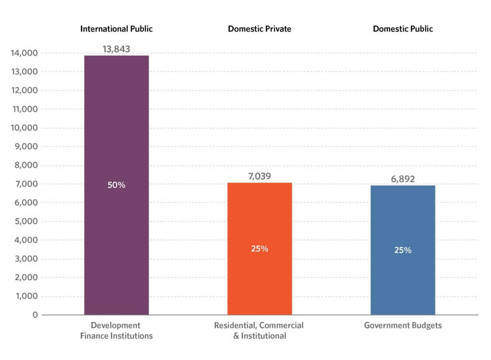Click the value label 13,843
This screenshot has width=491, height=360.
[117, 48]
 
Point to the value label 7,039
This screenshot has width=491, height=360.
[259, 176]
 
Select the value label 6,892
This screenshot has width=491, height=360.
[403, 179]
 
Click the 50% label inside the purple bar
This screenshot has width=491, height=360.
[117, 185]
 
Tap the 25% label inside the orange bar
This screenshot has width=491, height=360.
[259, 249]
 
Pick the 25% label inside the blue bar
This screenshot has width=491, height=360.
[403, 250]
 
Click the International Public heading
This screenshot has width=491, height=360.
[117, 29]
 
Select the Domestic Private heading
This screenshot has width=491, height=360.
[259, 29]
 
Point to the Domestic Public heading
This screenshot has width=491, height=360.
[403, 29]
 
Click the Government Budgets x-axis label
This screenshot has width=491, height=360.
[403, 325]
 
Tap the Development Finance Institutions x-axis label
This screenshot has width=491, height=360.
[117, 330]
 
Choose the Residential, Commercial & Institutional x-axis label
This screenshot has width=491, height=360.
[259, 330]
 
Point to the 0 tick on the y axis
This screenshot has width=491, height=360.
[35, 315]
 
